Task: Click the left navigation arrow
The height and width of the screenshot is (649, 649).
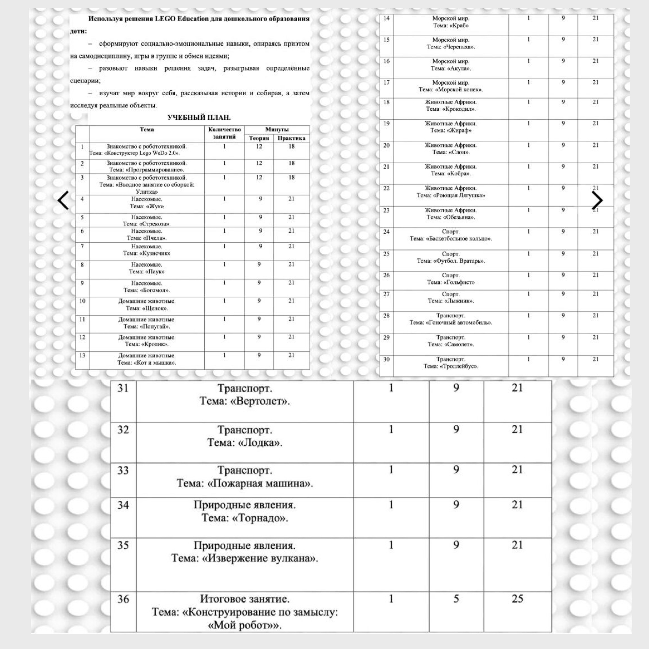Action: coord(63,200)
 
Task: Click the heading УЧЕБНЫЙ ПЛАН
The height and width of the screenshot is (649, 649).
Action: coord(199,118)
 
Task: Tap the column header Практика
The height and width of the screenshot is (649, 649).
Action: coord(291,138)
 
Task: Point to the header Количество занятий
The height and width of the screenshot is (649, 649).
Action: coord(224,133)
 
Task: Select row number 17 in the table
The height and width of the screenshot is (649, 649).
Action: coord(386,83)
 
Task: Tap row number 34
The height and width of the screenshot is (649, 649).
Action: coord(123,505)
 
